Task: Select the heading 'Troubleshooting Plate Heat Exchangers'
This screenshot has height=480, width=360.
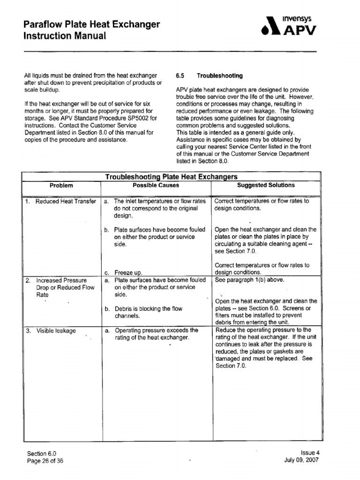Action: coord(171,177)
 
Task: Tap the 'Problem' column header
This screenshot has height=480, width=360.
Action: coord(61,185)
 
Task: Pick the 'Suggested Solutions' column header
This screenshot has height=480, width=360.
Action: coord(266,185)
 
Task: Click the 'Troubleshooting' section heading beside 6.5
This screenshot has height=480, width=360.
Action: coord(219,75)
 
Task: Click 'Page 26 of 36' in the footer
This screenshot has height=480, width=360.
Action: coord(45,461)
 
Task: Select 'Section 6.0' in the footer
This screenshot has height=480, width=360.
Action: coord(42,454)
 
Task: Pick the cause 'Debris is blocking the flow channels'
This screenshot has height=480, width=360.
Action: coord(148,313)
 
